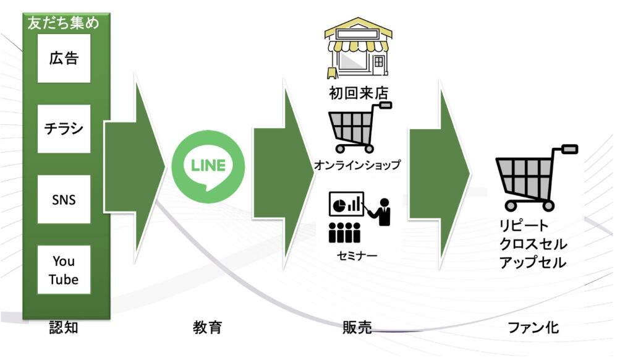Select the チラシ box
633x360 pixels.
[64, 129]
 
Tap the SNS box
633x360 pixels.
[64, 200]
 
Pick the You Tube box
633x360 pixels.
[64, 270]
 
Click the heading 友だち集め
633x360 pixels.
[64, 24]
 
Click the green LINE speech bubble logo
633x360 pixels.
[208, 166]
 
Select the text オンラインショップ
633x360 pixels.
[357, 165]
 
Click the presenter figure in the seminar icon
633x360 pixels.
[384, 211]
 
